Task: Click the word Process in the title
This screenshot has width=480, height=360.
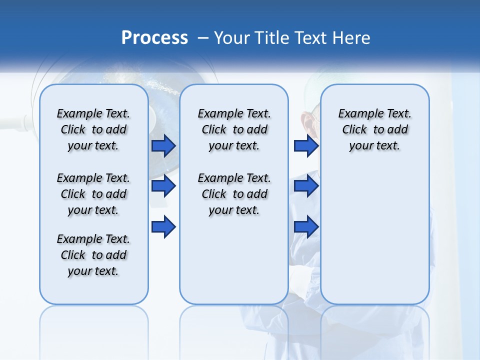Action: tap(154, 38)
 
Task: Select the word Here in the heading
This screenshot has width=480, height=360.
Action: tap(351, 38)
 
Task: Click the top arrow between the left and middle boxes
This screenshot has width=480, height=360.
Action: tap(163, 146)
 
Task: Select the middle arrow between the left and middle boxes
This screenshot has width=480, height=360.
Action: tap(163, 186)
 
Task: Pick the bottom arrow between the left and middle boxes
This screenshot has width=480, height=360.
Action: tap(163, 227)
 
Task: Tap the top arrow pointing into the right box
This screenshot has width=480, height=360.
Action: tap(306, 146)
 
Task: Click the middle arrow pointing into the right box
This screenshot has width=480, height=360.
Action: tap(306, 186)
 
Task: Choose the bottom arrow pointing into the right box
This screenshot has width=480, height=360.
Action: tap(306, 227)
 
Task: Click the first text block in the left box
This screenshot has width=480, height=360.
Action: tap(93, 129)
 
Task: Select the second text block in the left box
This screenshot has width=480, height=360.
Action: tap(93, 194)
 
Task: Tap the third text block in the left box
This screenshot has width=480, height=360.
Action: tap(93, 255)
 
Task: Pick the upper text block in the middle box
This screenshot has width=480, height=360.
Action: tap(234, 129)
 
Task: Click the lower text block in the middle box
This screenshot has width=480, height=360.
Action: tap(234, 194)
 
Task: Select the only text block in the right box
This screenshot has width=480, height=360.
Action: tap(374, 129)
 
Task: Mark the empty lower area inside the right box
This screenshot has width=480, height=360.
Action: tap(374, 235)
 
